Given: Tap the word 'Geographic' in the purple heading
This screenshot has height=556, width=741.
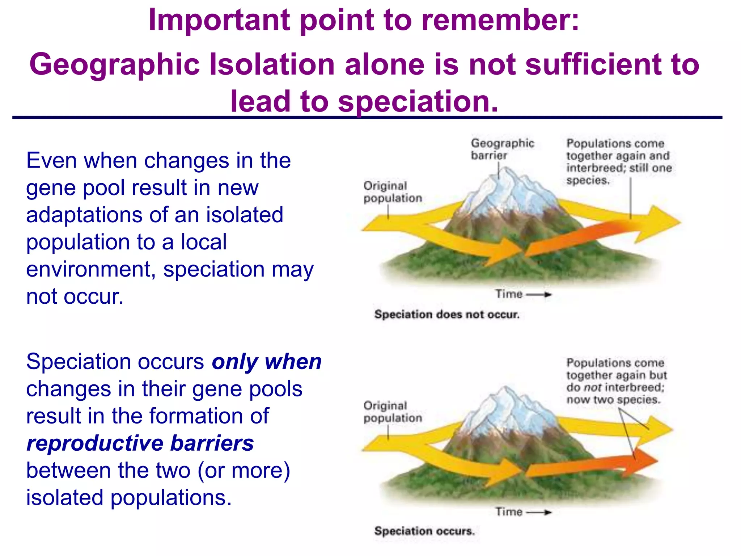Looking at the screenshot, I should click(x=114, y=64).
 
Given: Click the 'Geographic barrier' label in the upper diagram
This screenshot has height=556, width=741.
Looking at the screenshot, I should click(x=502, y=149).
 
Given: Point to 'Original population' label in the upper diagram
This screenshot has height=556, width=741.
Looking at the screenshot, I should click(x=393, y=192).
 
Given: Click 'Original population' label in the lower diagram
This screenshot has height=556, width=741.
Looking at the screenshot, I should click(x=393, y=412).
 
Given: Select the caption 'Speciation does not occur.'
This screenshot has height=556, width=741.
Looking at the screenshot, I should click(x=447, y=314).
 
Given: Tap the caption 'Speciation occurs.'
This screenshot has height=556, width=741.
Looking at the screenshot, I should click(x=424, y=531).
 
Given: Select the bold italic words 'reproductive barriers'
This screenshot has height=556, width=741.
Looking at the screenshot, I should click(x=140, y=443).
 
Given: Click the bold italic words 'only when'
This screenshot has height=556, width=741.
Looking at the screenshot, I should click(x=267, y=362).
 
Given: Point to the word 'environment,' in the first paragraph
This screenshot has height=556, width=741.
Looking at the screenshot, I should click(x=91, y=270).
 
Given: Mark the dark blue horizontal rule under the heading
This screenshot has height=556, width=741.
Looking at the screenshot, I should click(x=367, y=118).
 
